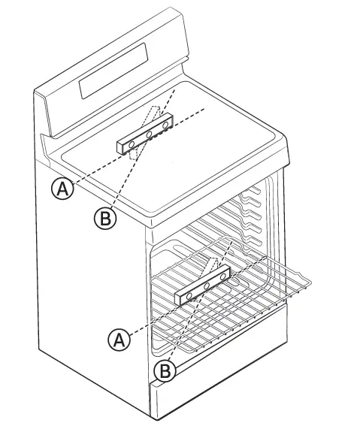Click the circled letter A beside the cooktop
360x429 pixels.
click(x=62, y=189)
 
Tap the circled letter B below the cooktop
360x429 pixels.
click(x=103, y=219)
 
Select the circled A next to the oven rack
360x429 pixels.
click(x=117, y=340)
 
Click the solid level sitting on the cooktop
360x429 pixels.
click(x=146, y=134)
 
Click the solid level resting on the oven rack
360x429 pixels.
click(x=203, y=286)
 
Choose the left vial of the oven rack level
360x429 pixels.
click(x=188, y=295)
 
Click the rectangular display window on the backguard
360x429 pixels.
click(x=113, y=68)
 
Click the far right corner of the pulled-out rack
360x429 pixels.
click(x=309, y=282)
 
